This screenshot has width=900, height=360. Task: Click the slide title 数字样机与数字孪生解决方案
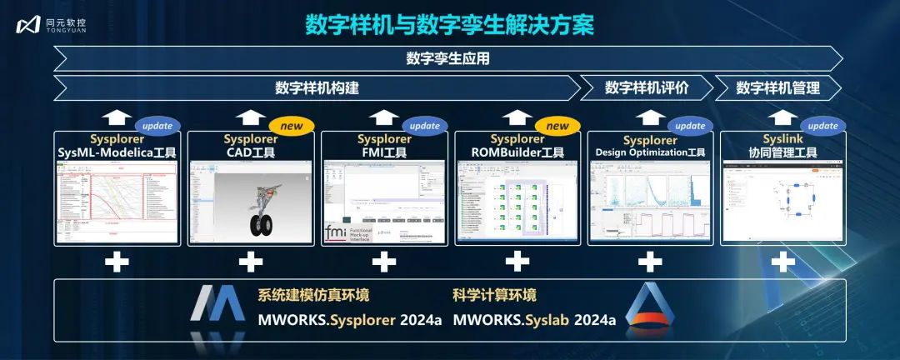pos(449,24)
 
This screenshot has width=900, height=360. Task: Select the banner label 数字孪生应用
pos(447,58)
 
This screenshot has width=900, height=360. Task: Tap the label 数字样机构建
pos(317,87)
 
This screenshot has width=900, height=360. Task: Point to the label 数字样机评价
pos(647,87)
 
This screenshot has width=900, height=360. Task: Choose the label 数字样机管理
pos(777,87)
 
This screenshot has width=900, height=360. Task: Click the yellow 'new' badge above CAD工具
pos(291,126)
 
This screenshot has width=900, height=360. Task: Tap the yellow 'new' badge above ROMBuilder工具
pos(557,126)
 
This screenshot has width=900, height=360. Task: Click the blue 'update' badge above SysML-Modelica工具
pos(157,126)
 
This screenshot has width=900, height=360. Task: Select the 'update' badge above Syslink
pos(823,126)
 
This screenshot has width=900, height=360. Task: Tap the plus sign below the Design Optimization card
pos(650,262)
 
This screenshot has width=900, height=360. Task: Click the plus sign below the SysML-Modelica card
pos(117,262)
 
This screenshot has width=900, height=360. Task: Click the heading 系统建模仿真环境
pos(312,295)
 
